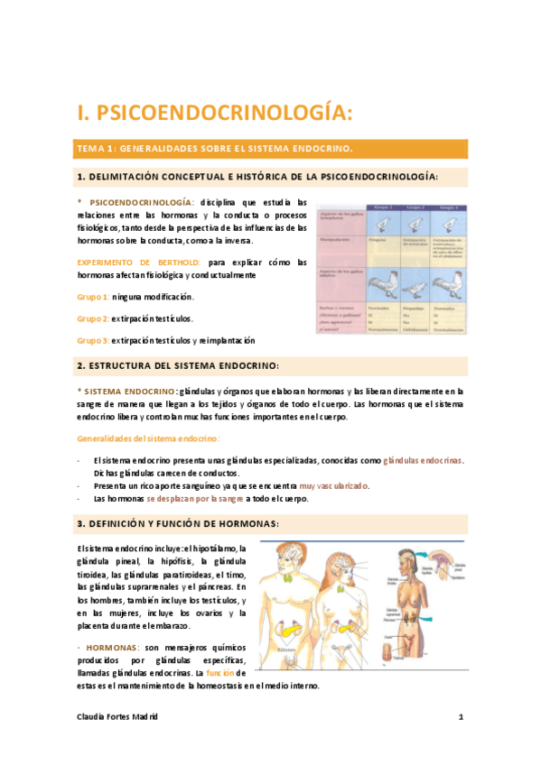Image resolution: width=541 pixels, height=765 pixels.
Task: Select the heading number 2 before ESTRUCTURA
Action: coord(81,365)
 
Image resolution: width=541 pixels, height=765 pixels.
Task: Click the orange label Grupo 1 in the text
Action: coord(93,297)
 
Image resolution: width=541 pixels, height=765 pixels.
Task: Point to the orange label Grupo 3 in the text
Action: coord(93,340)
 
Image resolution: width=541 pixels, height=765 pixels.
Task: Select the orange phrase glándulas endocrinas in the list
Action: coord(423,460)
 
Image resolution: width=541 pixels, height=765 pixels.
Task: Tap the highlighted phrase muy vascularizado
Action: coord(334,485)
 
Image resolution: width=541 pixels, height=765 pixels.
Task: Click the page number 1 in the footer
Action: coord(461,717)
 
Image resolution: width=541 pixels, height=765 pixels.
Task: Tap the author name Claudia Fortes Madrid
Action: coord(117,717)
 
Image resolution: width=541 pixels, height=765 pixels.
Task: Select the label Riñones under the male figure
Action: coord(288,673)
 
